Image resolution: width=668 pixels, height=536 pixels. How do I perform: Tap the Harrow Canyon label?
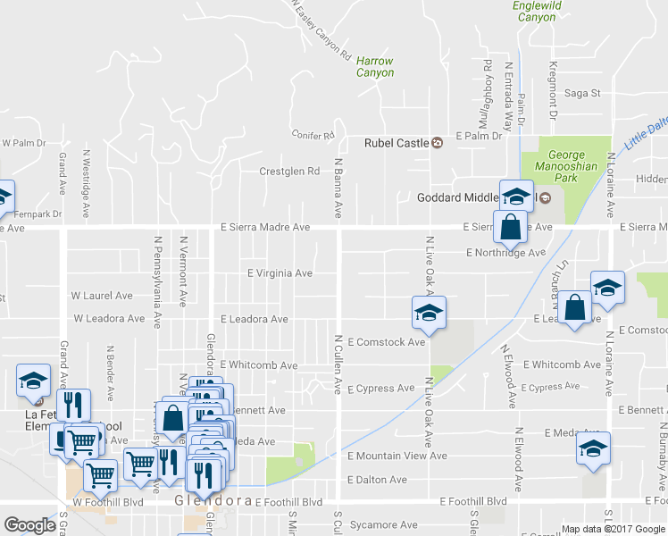(375, 67)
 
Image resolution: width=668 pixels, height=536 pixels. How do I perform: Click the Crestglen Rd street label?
(288, 172)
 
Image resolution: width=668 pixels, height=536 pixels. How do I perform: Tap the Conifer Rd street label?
(313, 136)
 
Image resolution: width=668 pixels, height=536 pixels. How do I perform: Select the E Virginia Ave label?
(280, 273)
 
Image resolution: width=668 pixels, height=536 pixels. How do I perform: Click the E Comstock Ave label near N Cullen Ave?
(386, 342)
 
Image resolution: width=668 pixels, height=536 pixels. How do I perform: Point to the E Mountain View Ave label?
(397, 456)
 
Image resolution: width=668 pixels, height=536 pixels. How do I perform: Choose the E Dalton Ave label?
(377, 480)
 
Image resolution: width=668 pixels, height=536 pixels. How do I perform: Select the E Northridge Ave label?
(505, 253)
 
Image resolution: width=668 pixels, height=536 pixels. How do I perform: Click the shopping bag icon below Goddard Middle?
(509, 227)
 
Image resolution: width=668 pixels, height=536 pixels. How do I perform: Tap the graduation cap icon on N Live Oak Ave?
(429, 314)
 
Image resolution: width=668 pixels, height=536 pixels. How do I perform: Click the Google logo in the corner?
(29, 525)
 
